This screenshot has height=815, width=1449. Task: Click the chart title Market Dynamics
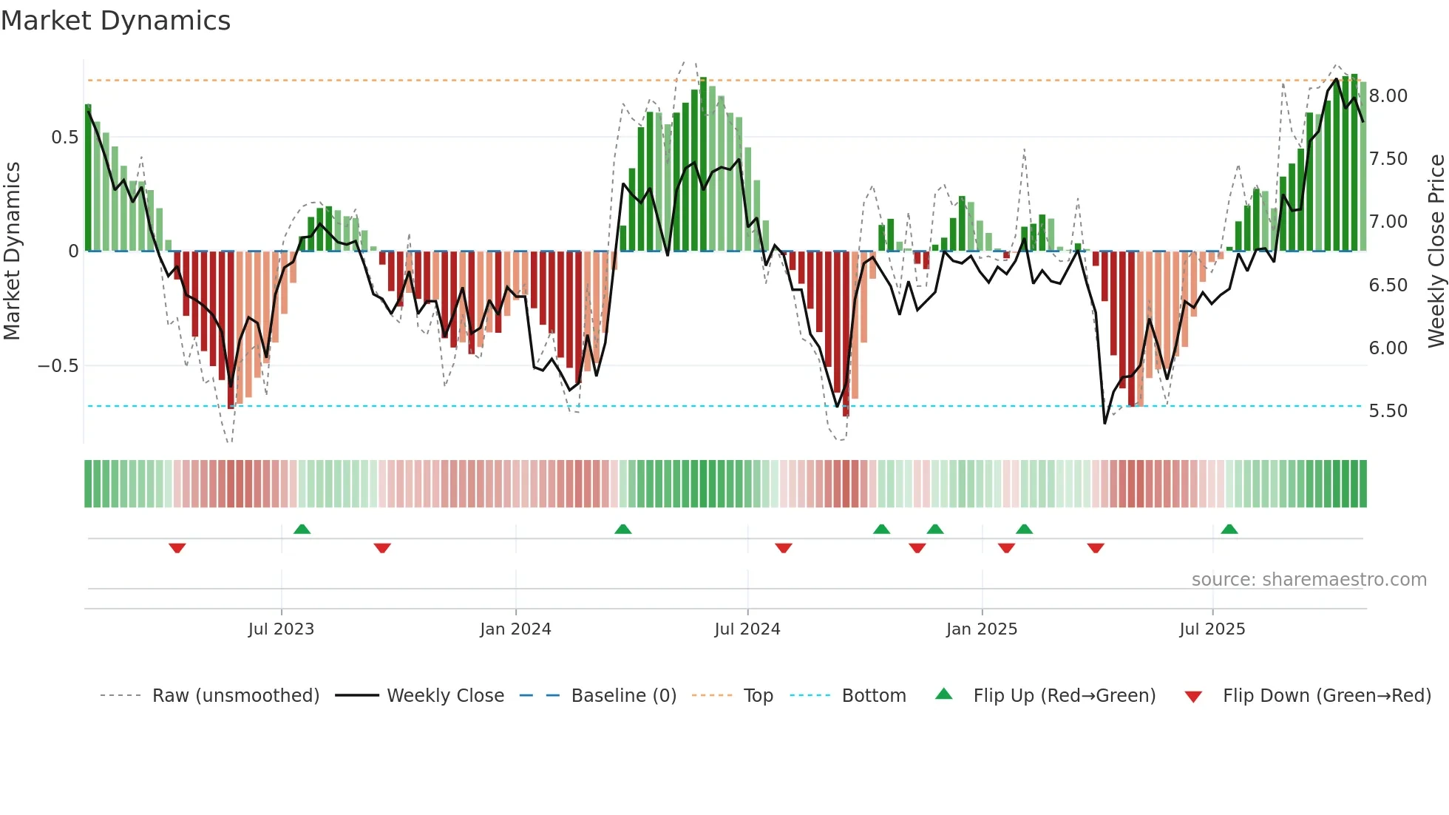coord(115,21)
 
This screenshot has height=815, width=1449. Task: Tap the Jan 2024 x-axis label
coord(515,629)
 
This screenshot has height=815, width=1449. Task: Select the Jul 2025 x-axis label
coord(1212,629)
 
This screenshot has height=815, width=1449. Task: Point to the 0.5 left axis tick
coord(65,138)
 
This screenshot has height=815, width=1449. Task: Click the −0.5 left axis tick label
coord(58,366)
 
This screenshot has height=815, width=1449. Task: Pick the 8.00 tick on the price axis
coord(1388,96)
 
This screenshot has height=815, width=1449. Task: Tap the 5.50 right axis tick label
coord(1388,411)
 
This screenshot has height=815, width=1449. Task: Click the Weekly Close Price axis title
coord(1435,251)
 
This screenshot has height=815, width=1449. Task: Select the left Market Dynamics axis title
coord(12,251)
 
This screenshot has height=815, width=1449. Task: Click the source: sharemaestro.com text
coord(1309,580)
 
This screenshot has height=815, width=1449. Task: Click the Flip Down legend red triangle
coord(1192,697)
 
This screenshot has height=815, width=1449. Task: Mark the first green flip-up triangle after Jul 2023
coord(302,529)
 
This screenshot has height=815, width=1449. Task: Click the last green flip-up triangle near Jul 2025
coord(1229,529)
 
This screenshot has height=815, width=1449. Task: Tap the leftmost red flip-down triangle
coord(177,548)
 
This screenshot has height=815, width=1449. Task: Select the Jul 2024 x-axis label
coord(747,629)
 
